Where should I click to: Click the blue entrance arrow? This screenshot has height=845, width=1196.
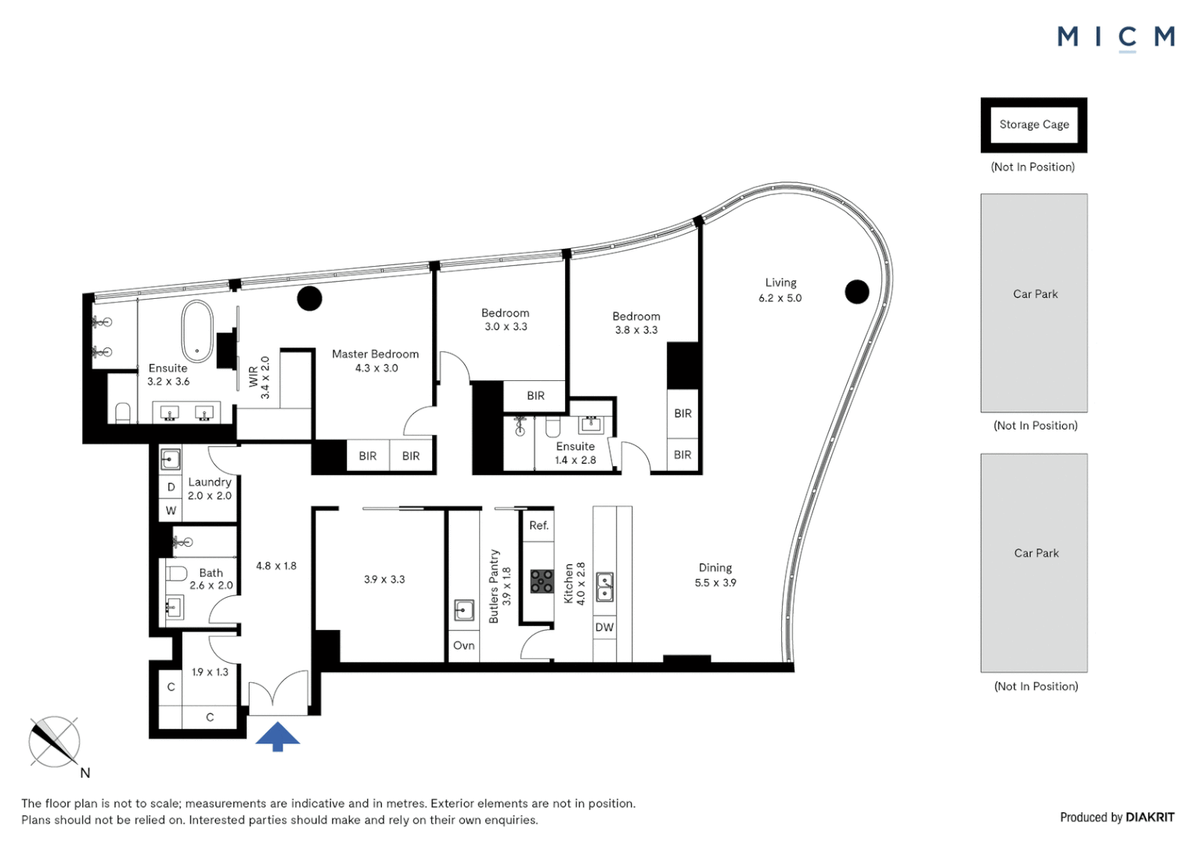coord(277,736)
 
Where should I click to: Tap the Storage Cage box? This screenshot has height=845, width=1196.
coord(1033,124)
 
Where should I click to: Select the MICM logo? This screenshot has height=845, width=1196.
coord(1115,37)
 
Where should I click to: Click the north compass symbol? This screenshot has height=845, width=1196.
coord(55,742)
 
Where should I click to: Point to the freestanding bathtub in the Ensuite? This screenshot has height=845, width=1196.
coord(197,332)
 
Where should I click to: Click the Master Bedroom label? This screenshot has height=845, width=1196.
coord(375,354)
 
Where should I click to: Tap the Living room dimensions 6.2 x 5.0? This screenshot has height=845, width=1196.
coord(780,298)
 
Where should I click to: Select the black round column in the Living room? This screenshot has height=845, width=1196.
coord(857,292)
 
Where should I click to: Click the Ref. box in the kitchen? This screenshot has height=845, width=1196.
coord(539,526)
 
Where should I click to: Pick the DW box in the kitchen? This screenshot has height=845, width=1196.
coord(604,627)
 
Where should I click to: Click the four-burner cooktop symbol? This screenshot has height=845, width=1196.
coord(542,581)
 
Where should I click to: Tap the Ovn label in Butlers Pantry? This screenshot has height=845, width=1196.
coord(463,645)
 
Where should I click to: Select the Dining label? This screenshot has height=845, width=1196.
coord(715,568)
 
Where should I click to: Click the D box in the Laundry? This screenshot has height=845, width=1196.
coord(171,487)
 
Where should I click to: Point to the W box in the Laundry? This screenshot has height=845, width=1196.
coord(171,510)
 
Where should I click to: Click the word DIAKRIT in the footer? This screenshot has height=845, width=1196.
coord(1149,817)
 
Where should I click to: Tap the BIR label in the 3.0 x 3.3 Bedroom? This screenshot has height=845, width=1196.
coord(535,396)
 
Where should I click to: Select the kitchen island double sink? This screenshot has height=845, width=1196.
coord(605,586)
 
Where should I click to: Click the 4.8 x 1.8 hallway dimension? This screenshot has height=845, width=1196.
coord(276,566)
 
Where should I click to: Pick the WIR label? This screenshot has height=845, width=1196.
coord(253,376)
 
